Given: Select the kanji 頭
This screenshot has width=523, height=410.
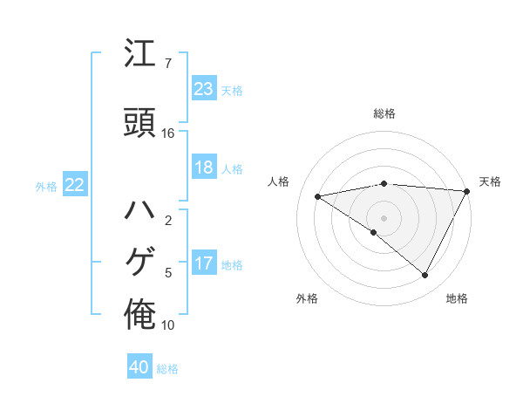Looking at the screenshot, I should click(x=139, y=121).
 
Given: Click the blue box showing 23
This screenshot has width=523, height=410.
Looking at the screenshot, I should click(x=204, y=89).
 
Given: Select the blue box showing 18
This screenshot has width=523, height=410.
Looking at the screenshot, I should click(x=204, y=167).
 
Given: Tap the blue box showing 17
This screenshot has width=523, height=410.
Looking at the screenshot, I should click(x=204, y=264).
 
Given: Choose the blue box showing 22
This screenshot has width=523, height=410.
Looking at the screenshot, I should click(x=75, y=185).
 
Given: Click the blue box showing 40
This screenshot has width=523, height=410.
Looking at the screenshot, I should click(x=139, y=368).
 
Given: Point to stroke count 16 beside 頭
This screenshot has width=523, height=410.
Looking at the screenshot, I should click(x=168, y=133).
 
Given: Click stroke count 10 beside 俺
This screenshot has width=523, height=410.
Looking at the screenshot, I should click(x=168, y=325).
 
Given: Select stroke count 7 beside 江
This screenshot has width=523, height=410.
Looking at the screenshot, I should click(x=167, y=64).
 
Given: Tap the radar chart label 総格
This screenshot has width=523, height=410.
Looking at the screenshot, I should click(x=384, y=113).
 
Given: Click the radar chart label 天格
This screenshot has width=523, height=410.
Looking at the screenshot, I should click(x=490, y=181).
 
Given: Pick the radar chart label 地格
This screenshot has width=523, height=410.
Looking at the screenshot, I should click(x=457, y=298).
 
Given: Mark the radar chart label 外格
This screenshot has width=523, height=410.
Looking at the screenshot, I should click(x=307, y=298).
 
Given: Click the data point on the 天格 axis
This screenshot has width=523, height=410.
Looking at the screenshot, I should click(x=468, y=191).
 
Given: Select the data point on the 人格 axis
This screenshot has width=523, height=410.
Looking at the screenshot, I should click(x=318, y=196).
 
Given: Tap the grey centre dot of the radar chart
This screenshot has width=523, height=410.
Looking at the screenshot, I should click(x=384, y=217).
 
